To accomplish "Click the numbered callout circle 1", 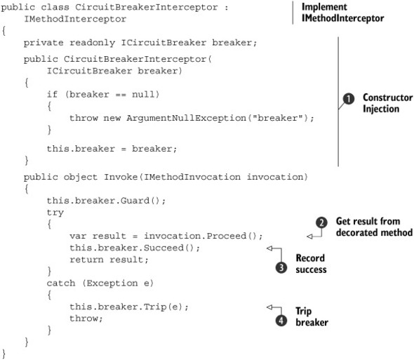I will [x=348, y=101].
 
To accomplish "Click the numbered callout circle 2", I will [x=322, y=222].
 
